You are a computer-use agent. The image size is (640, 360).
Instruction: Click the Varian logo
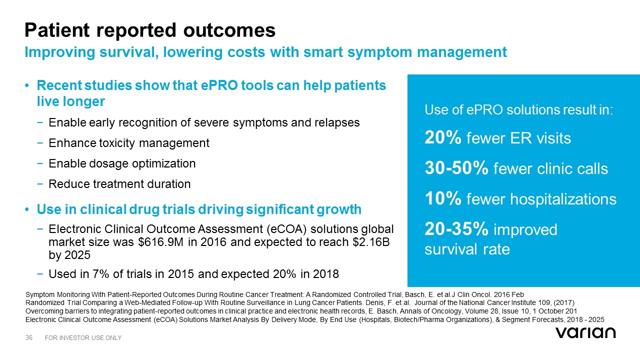(585, 332)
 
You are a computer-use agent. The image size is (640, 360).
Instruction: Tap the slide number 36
(29, 338)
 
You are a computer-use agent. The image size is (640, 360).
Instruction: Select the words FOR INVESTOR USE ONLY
(83, 338)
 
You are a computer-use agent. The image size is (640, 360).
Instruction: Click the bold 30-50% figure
(456, 169)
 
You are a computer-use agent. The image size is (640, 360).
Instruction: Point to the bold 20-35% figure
(456, 230)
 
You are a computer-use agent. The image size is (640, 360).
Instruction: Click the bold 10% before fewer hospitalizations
(442, 199)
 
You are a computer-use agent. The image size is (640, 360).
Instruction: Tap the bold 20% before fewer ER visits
(442, 138)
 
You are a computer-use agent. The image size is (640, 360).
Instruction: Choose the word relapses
(338, 122)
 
